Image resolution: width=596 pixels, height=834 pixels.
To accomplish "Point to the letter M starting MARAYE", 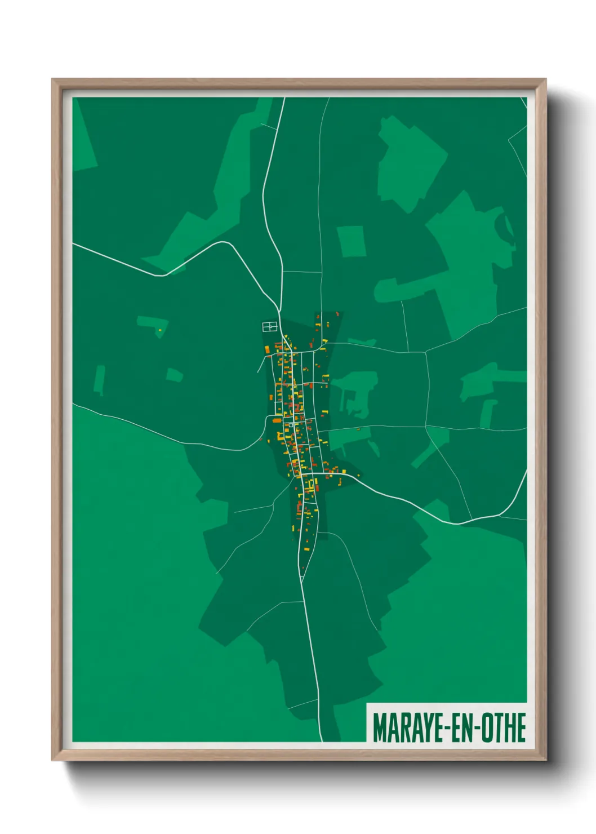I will tap(379, 727).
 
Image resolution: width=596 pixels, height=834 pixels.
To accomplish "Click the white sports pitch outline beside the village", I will tap(269, 326).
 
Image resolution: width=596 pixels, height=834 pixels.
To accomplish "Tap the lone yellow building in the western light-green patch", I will tap(160, 330).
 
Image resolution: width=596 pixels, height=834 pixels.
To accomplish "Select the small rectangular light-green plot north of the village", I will tap(351, 241).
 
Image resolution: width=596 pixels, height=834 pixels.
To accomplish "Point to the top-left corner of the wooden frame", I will tap(54, 81).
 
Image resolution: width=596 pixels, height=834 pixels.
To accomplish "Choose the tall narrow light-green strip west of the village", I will tap(99, 379).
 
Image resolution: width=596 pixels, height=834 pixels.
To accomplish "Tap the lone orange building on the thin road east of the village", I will tap(358, 429).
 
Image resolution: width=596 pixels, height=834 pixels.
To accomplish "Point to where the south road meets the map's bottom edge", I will tap(322, 740).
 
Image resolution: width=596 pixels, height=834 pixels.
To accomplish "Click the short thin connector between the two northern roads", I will tap(301, 272).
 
